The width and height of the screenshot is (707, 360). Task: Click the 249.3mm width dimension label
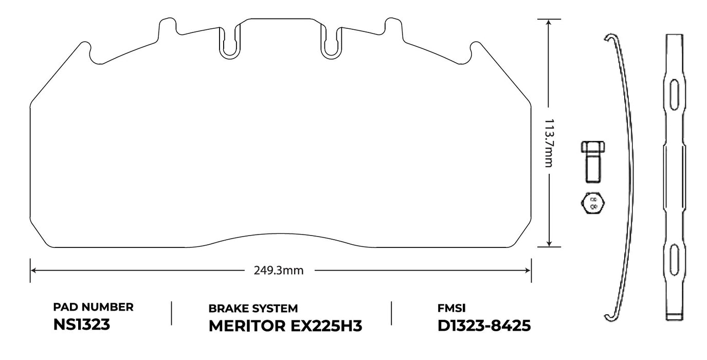(279, 271)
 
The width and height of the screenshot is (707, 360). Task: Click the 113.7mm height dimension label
(549, 143)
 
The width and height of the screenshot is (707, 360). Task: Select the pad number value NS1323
(81, 325)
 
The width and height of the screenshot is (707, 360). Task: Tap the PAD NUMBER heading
(94, 308)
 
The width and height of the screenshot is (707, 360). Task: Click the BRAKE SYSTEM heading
(253, 309)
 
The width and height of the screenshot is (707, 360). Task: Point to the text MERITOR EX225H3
(285, 326)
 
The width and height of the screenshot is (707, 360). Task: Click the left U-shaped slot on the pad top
(229, 41)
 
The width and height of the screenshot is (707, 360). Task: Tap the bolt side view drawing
(593, 161)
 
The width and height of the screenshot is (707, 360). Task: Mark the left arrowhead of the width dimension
(33, 271)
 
